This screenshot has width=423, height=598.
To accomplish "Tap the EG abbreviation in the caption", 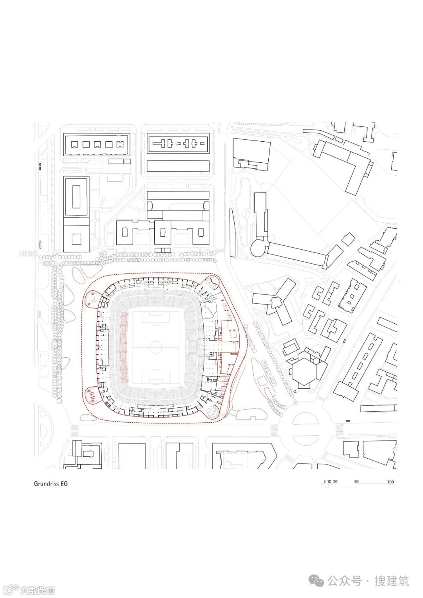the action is point(64,484).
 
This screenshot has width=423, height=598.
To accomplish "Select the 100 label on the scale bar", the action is point(390,482).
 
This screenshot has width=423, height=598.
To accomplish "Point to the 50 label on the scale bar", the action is point(356,482).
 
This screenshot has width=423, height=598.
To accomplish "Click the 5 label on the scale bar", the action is point(324,482).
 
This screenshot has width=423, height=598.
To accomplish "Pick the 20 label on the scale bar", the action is point(336,482).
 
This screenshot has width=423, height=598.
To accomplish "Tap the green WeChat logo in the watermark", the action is point(317,580).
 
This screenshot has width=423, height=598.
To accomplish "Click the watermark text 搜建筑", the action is point(392,581).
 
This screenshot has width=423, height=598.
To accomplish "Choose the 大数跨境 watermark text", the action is point(38,590).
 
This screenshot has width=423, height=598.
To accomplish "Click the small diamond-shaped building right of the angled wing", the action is point(348,239).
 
